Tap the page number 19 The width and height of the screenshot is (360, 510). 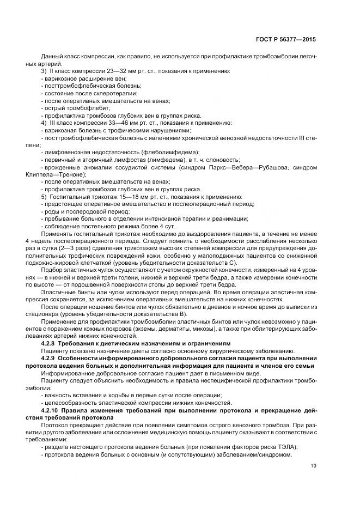point(313,465)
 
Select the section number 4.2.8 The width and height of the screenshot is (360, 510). point(51,344)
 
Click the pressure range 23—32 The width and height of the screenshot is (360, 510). point(115,71)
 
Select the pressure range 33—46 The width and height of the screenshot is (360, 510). point(118,123)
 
